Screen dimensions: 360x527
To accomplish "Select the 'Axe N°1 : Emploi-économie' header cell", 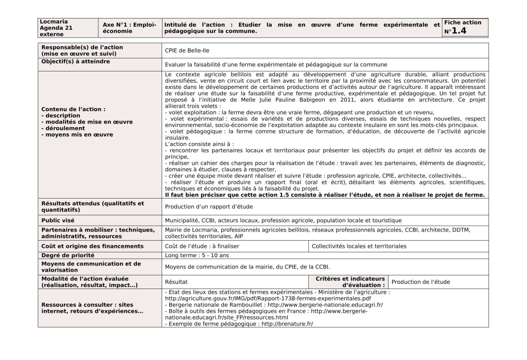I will pos(129,28).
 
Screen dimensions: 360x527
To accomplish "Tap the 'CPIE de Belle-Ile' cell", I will pos(187,50).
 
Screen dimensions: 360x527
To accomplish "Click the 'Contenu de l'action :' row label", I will pos(74,109).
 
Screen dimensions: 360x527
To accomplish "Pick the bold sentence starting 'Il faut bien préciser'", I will pos(324,195).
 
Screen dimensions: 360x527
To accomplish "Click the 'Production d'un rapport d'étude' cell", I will pos(208,207).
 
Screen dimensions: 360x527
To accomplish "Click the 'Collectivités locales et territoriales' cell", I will pos(359,246).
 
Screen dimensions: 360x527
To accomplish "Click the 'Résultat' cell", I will pos(177,282).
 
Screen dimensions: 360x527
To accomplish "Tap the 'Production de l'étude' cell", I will pos(420,282).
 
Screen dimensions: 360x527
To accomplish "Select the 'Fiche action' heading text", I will pos(463,23).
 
